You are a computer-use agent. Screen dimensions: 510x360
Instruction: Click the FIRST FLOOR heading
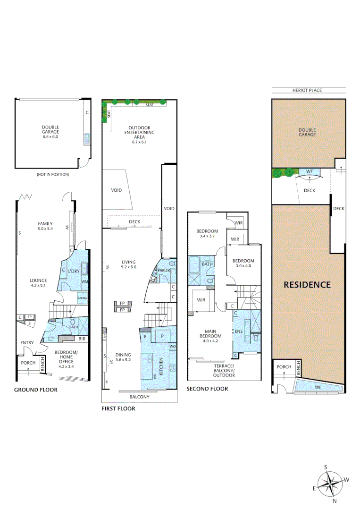pos(118,408)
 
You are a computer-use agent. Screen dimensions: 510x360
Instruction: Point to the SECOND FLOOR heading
pos(207,389)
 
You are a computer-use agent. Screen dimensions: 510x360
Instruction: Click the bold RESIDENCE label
pos(307,285)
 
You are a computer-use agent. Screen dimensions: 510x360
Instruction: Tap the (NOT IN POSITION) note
pos(52,174)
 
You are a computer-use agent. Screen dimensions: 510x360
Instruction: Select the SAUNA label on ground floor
pos(83,298)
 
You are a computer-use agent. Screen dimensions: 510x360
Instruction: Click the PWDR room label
pos(163,271)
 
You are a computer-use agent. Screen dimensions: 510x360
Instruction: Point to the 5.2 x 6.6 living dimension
pos(128,267)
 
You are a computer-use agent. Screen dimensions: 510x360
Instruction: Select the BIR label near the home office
pos(82,339)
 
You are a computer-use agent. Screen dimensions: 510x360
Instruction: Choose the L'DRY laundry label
pos(74,271)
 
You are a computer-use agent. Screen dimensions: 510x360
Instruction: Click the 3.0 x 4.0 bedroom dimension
pos(243,266)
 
